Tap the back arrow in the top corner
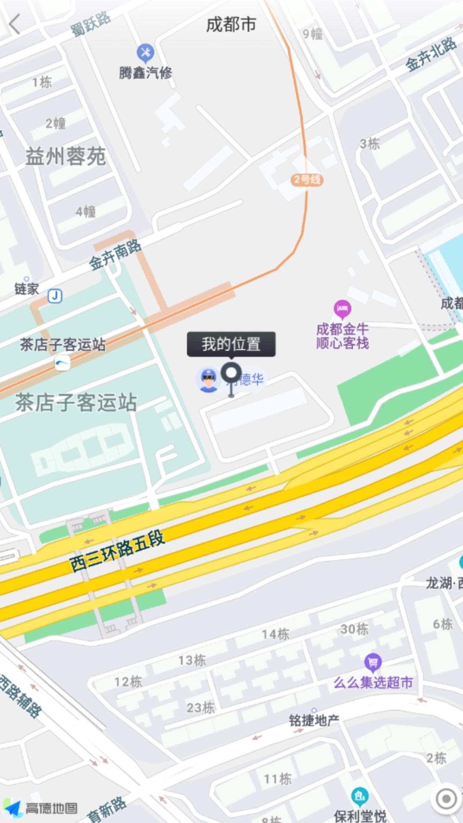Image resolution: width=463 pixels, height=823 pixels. point(15,24)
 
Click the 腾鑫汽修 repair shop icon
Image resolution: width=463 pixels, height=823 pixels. point(145,53)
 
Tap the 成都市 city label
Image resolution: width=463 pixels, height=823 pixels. point(231,24)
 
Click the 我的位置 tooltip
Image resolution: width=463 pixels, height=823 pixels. point(231,344)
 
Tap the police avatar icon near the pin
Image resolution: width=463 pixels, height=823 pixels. point(208,380)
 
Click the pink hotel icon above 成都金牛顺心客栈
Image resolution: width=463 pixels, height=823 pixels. point(342,309)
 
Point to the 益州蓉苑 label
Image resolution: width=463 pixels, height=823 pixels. point(65,156)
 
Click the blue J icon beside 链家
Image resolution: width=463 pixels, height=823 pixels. point(55,296)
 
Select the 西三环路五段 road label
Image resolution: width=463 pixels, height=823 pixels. point(117,551)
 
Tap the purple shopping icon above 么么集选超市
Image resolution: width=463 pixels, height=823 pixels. point(372,662)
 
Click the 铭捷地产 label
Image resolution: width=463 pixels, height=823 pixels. point(314,720)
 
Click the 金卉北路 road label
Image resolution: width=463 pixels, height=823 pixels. point(431,54)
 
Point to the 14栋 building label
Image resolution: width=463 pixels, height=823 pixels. point(275,635)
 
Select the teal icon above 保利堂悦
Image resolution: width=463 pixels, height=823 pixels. point(359,795)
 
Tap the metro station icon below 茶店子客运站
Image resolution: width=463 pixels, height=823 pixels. point(62,363)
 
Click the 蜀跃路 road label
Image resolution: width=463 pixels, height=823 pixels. point(91,24)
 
